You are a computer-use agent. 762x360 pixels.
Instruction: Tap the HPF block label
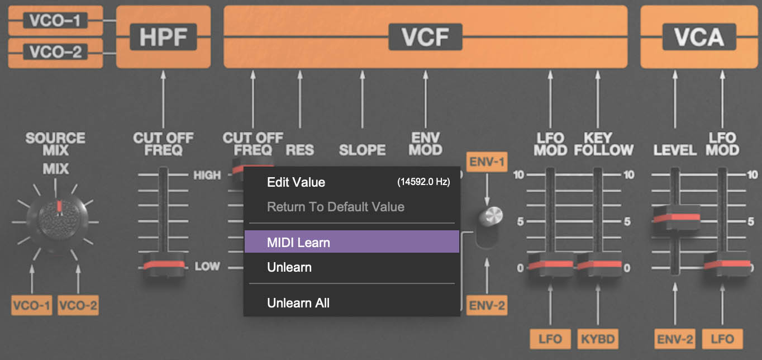click(163, 37)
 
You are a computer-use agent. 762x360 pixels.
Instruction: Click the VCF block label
click(425, 37)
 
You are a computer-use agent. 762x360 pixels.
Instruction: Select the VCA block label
click(699, 37)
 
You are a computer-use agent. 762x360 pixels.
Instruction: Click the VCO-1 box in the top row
click(55, 21)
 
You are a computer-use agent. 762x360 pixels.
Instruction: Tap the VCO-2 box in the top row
click(55, 53)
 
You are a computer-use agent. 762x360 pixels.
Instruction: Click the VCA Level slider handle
click(676, 217)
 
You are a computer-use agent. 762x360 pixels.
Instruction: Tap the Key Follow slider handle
click(598, 265)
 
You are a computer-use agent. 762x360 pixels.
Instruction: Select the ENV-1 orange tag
click(487, 163)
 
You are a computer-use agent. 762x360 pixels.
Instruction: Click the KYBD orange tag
click(598, 339)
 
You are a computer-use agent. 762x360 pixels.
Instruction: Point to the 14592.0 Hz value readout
click(423, 182)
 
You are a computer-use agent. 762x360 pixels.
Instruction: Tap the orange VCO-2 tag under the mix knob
click(78, 305)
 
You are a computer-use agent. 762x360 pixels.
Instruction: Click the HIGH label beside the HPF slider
click(207, 175)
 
